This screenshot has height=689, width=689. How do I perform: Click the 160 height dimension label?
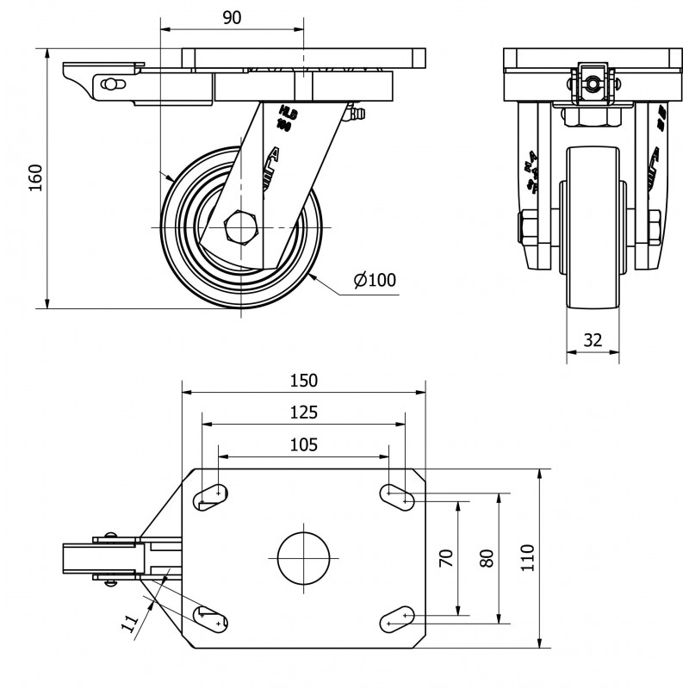pyautogui.click(x=35, y=177)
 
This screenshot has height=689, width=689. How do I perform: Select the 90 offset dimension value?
pyautogui.click(x=232, y=17)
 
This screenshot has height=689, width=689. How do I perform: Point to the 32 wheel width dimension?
pyautogui.click(x=593, y=339)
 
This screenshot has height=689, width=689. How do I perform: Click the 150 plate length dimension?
pyautogui.click(x=303, y=380)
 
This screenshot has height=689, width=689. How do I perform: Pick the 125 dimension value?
pyautogui.click(x=303, y=413)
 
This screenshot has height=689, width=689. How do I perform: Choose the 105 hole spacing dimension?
pyautogui.click(x=303, y=444)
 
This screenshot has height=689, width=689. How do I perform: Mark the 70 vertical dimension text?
pyautogui.click(x=445, y=557)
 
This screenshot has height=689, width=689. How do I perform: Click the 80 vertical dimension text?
pyautogui.click(x=487, y=557)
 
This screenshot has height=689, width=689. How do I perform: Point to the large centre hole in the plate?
pyautogui.click(x=304, y=558)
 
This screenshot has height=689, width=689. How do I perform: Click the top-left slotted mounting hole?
pyautogui.click(x=212, y=494)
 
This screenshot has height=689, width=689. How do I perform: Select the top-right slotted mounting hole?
pyautogui.click(x=398, y=494)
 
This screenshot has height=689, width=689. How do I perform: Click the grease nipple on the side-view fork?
pyautogui.click(x=356, y=113)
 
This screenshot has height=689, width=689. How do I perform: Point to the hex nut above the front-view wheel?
pyautogui.click(x=592, y=115)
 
